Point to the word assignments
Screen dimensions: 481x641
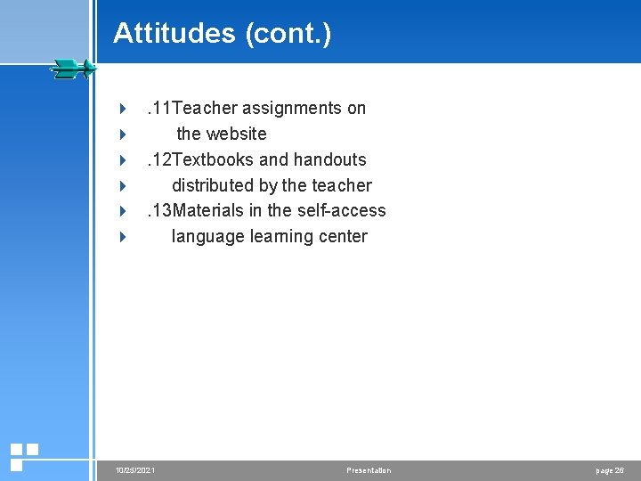(292, 108)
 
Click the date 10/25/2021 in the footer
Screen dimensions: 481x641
(135, 469)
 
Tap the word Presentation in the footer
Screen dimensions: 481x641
(369, 469)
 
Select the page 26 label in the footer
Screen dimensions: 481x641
(610, 469)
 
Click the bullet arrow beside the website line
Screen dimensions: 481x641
(123, 135)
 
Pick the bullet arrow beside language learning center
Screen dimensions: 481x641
(123, 237)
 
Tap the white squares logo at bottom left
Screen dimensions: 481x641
(23, 455)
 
